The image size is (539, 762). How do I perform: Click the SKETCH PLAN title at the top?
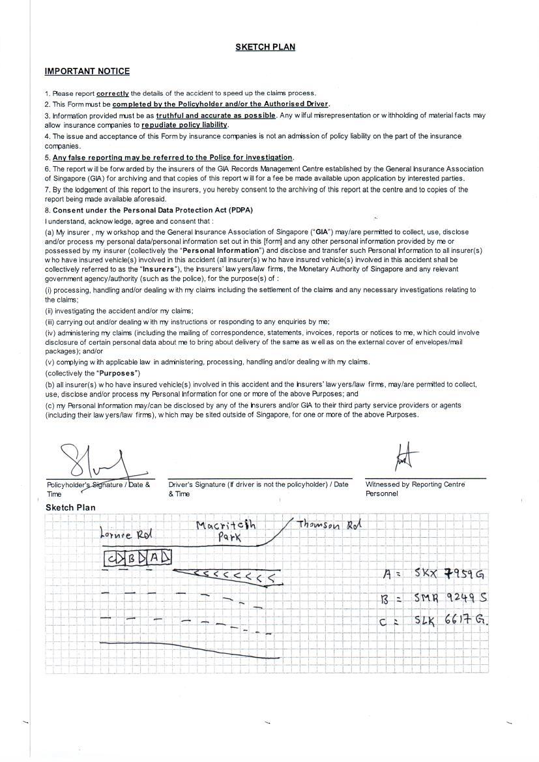265,47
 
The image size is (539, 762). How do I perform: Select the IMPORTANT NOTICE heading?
87,71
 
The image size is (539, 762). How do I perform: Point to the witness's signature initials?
403,458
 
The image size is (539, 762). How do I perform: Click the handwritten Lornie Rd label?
126,535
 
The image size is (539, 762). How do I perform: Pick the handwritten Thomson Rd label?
329,525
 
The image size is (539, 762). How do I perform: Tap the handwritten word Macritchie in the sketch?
226,525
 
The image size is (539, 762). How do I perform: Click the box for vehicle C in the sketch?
113,558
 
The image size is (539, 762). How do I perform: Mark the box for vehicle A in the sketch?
154,558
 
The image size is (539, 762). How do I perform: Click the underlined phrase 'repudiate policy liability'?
184,125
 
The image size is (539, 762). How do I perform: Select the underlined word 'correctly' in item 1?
113,93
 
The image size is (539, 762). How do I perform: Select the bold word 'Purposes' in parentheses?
117,374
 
